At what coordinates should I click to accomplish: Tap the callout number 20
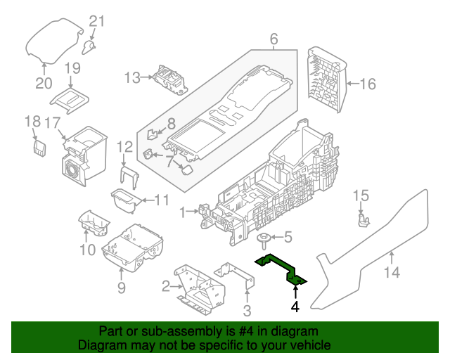click(44, 83)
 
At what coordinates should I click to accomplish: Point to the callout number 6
click(274, 39)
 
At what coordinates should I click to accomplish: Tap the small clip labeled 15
click(362, 220)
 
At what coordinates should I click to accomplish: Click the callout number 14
click(392, 272)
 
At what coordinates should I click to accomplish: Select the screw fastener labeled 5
click(262, 240)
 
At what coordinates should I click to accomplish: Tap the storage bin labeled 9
click(134, 250)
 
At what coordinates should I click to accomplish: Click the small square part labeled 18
click(40, 148)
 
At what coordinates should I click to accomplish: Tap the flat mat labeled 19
click(70, 99)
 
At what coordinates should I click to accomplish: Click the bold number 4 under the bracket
click(295, 307)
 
